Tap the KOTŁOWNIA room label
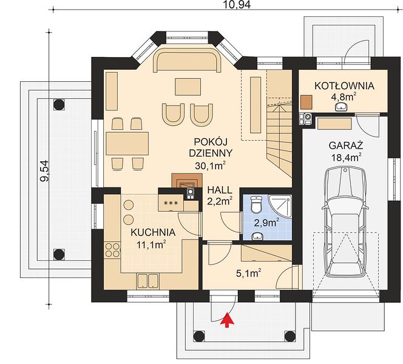(344, 86)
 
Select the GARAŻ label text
(346, 146)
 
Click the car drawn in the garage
(345, 222)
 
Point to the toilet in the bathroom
(256, 204)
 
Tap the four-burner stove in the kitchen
(112, 250)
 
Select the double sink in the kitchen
(147, 281)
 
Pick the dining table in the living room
(127, 143)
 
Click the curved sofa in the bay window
(187, 61)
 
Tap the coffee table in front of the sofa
(188, 87)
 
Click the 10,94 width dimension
(234, 5)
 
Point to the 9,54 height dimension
(44, 171)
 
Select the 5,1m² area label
(249, 274)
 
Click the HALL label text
(220, 190)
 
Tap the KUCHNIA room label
(153, 232)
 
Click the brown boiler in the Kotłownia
(306, 103)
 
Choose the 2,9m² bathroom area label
(266, 223)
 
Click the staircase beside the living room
(279, 126)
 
